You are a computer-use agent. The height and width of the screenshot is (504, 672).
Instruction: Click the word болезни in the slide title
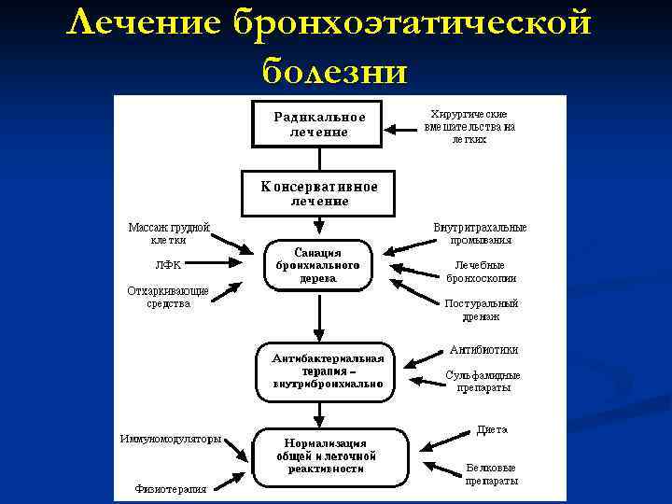click(335, 68)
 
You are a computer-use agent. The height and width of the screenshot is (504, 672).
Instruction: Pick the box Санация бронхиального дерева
click(318, 265)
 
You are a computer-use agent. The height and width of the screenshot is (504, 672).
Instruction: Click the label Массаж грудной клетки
click(169, 233)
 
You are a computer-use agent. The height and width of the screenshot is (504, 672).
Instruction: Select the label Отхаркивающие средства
click(168, 297)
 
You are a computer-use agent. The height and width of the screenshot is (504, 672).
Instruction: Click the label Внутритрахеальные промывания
click(480, 233)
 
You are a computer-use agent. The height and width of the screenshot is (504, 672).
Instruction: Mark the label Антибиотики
click(483, 350)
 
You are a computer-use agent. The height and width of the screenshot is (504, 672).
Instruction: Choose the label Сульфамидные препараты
click(483, 382)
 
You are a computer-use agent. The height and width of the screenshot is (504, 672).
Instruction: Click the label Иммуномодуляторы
click(170, 439)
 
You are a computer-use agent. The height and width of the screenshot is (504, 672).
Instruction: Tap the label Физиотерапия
click(170, 487)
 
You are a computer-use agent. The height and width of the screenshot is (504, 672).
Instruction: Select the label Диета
click(492, 430)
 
